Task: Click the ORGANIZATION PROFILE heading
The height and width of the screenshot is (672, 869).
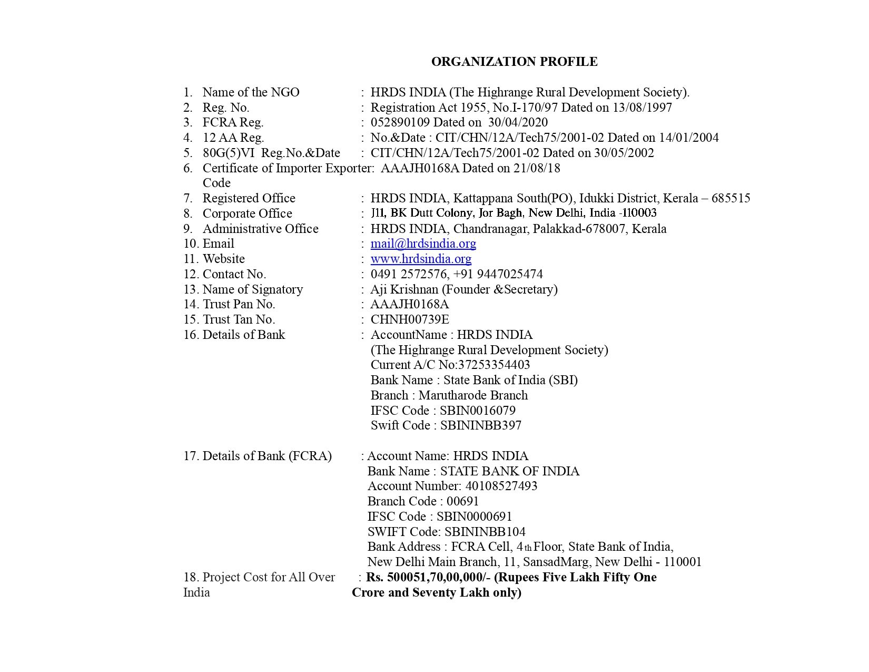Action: click(x=514, y=62)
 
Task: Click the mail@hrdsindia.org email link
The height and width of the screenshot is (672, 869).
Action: click(x=423, y=244)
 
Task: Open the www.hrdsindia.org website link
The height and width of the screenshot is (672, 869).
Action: click(x=421, y=259)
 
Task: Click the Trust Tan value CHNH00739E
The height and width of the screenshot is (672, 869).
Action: click(x=410, y=319)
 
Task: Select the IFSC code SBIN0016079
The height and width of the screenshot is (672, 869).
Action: click(x=477, y=411)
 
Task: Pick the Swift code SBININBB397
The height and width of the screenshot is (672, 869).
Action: click(x=480, y=425)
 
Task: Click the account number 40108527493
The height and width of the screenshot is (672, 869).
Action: click(x=501, y=486)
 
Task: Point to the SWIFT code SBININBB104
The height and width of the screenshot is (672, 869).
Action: click(x=485, y=532)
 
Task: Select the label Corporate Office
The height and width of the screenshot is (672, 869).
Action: click(x=247, y=213)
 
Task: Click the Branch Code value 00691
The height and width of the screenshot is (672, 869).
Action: click(x=462, y=501)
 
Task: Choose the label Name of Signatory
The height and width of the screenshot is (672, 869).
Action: click(x=252, y=289)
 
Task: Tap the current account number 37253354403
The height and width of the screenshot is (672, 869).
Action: click(x=494, y=365)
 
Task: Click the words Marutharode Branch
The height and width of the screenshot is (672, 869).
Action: click(x=473, y=395)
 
